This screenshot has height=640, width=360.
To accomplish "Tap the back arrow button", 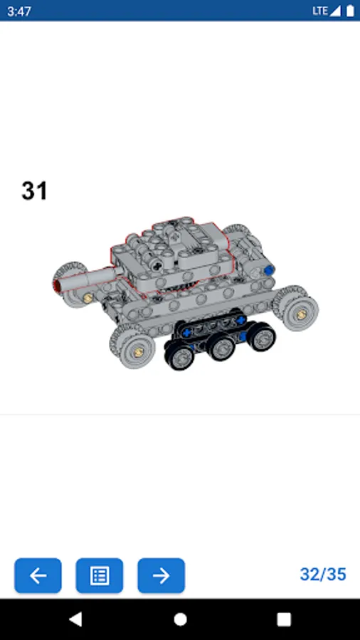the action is [38, 575].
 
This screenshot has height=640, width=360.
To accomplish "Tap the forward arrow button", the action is [162, 575].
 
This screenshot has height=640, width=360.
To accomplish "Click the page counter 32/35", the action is [323, 575].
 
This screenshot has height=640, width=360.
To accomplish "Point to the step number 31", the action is [34, 191].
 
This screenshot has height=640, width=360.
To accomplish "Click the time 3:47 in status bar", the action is [18, 11].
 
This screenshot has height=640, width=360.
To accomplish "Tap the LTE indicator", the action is [320, 11].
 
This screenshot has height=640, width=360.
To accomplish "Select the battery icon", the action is [350, 11].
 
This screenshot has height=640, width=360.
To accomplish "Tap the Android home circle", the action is [180, 619].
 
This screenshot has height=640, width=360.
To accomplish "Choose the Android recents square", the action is [284, 619].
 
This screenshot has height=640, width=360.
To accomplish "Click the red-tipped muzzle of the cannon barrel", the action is [57, 284].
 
